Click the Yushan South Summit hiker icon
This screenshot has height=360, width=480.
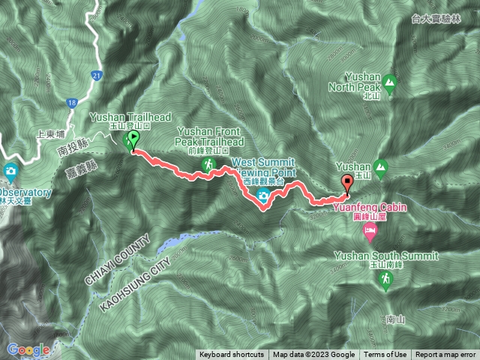(385, 279)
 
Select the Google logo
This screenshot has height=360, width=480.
(28, 349)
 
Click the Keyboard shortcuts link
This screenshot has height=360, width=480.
(231, 355)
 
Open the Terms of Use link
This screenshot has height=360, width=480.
(385, 355)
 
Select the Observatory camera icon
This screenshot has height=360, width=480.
(10, 171)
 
